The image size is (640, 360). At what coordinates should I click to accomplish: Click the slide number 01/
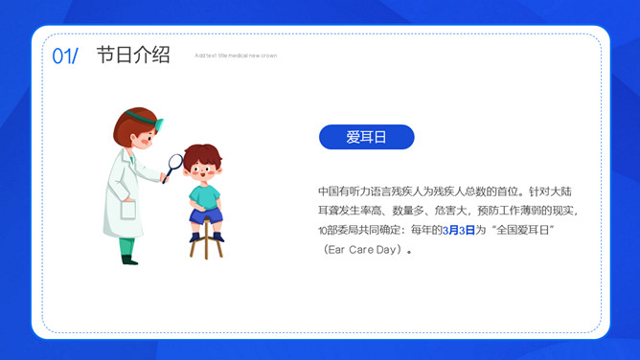click(x=65, y=56)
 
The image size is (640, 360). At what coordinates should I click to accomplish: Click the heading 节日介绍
click(x=133, y=56)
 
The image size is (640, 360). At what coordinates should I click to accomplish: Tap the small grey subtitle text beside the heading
click(x=236, y=56)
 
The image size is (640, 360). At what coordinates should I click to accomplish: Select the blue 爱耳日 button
click(x=366, y=137)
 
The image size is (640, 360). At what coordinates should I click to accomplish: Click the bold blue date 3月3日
click(x=459, y=230)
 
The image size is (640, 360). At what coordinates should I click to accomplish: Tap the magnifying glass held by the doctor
click(x=175, y=163)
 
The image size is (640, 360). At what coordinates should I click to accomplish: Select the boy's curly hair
click(x=202, y=153)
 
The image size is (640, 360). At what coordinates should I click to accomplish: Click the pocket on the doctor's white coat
click(x=127, y=209)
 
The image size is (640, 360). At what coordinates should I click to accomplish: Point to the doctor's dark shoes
click(x=128, y=259)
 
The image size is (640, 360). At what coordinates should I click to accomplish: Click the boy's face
click(x=203, y=172)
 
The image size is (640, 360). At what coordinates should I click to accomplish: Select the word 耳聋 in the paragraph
click(x=329, y=210)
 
